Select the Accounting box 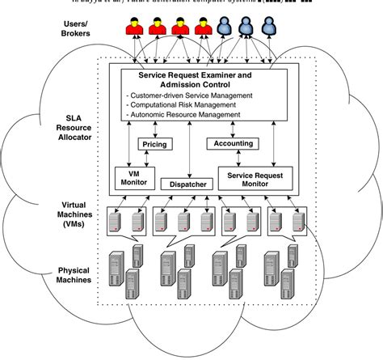tap(233, 143)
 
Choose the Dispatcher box tap(188, 184)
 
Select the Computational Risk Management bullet tap(182, 105)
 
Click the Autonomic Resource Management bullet tap(183, 115)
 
